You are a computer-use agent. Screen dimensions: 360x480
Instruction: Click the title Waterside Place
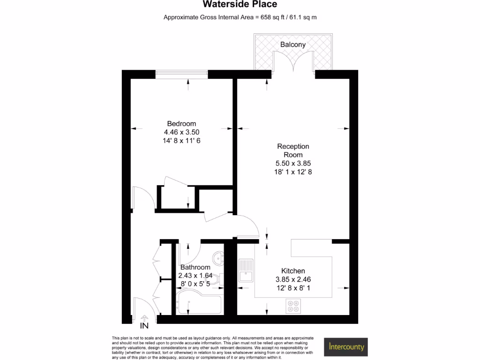[240, 5]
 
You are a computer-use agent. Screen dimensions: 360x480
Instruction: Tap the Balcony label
[293, 45]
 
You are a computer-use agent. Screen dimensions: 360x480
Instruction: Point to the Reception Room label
[293, 150]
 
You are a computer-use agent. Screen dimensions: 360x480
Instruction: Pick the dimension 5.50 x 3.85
[293, 163]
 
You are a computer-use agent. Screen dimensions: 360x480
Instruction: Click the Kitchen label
[293, 271]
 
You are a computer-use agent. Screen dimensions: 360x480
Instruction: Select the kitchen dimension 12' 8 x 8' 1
[293, 288]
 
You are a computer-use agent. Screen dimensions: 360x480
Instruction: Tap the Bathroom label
[195, 267]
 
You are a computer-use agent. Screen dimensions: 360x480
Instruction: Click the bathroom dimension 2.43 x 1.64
[195, 276]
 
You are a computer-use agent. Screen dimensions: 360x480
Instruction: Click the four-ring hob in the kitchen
[293, 306]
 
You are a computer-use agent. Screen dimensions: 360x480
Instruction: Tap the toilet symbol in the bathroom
[217, 280]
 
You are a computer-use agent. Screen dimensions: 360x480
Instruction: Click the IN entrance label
[144, 325]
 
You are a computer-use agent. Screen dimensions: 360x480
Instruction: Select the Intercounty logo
[346, 347]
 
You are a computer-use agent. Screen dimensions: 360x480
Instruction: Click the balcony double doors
[293, 62]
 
